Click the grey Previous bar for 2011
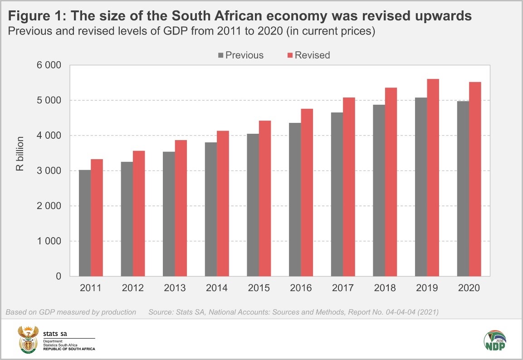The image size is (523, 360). [85, 223]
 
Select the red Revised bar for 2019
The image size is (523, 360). [433, 178]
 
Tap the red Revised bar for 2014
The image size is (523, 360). [223, 204]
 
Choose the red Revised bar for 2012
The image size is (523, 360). [139, 214]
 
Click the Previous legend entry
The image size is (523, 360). [240, 55]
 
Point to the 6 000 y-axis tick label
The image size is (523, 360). [48, 65]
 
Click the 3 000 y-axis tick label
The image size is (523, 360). [48, 171]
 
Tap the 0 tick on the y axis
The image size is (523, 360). [58, 276]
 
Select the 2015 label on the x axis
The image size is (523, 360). [259, 288]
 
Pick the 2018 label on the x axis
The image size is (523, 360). [385, 288]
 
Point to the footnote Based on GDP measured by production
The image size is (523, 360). [71, 312]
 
